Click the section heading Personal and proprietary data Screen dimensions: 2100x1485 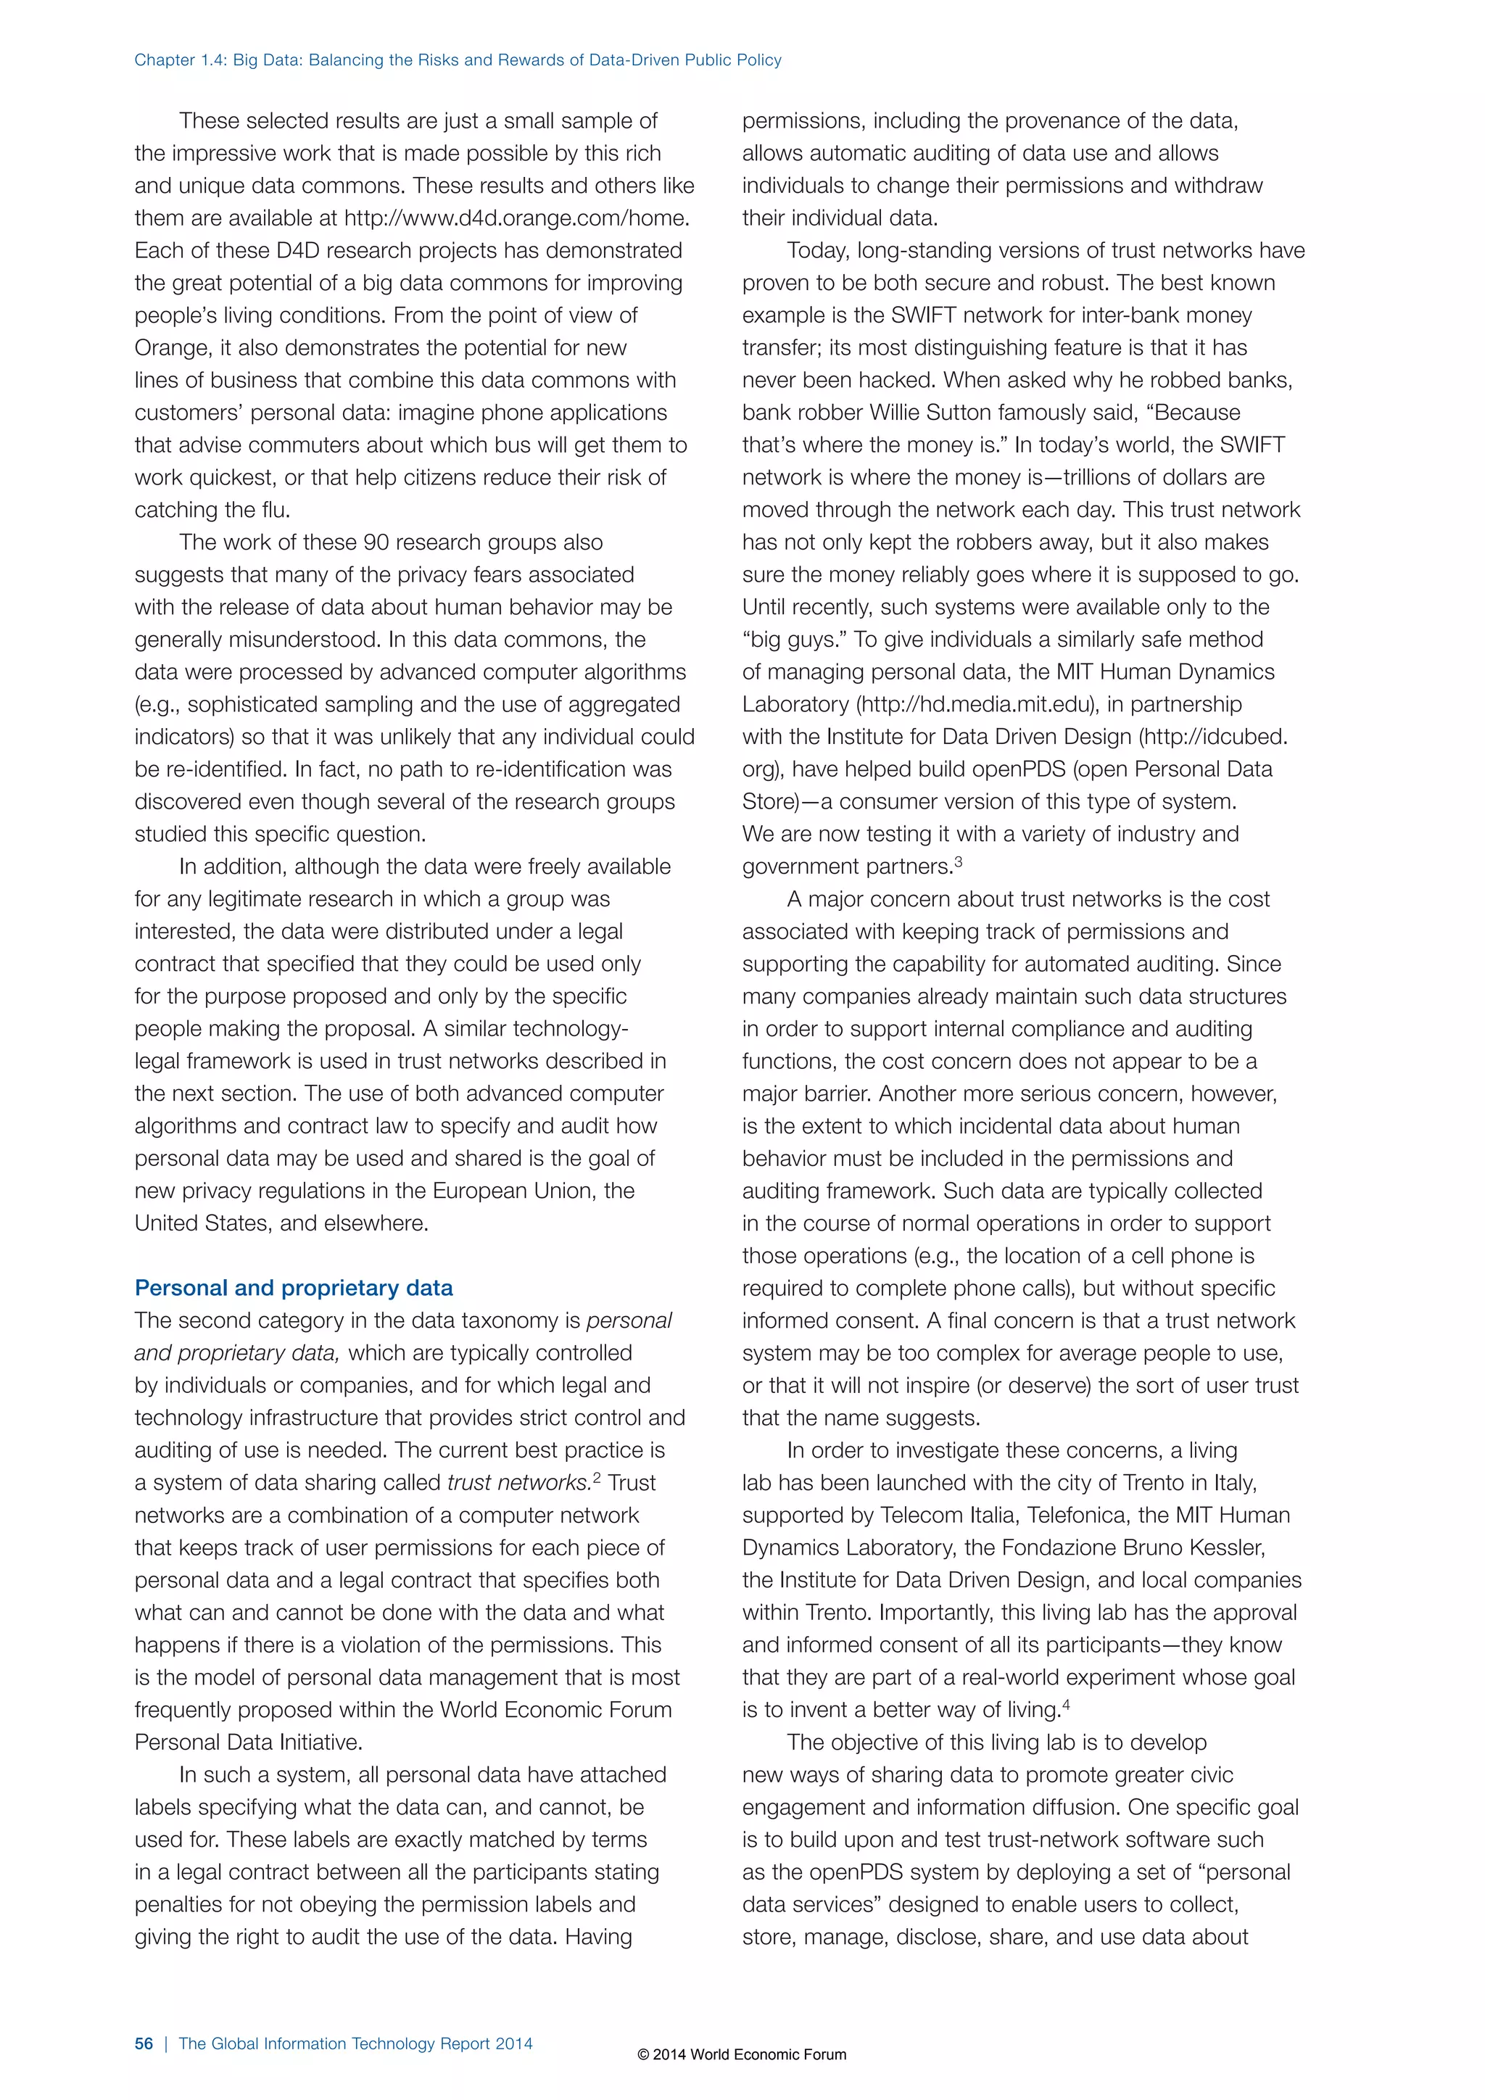pyautogui.click(x=294, y=1288)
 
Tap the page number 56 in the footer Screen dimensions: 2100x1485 pyautogui.click(x=144, y=2043)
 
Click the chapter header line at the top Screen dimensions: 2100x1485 pyautogui.click(x=458, y=60)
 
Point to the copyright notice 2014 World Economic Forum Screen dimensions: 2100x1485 pyautogui.click(x=742, y=2054)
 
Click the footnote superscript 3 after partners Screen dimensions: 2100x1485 pyautogui.click(x=959, y=861)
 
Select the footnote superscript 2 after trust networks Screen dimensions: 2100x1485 pyautogui.click(x=597, y=1477)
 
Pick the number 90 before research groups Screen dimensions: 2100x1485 pyautogui.click(x=376, y=542)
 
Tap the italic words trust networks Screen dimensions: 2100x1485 pyautogui.click(x=518, y=1483)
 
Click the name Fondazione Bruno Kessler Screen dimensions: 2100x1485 pyautogui.click(x=1133, y=1547)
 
